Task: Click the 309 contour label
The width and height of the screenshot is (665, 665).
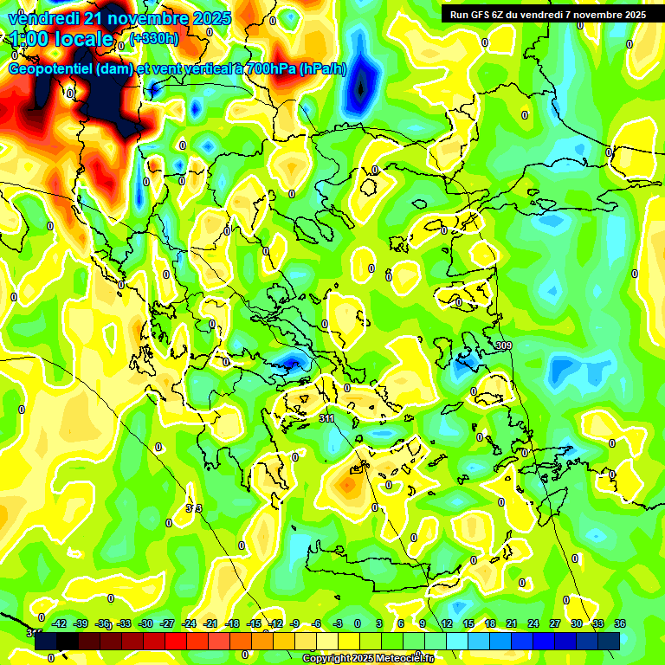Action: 503,346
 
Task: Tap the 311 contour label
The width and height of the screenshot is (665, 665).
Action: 326,418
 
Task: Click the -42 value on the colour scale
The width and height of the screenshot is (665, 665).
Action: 60,623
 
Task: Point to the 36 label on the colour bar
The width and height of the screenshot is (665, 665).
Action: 620,623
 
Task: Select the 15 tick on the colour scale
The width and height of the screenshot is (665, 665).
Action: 468,623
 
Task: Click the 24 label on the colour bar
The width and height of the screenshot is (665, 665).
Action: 533,623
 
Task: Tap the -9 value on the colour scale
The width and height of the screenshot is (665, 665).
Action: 295,623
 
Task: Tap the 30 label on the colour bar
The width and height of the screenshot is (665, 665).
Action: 577,623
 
